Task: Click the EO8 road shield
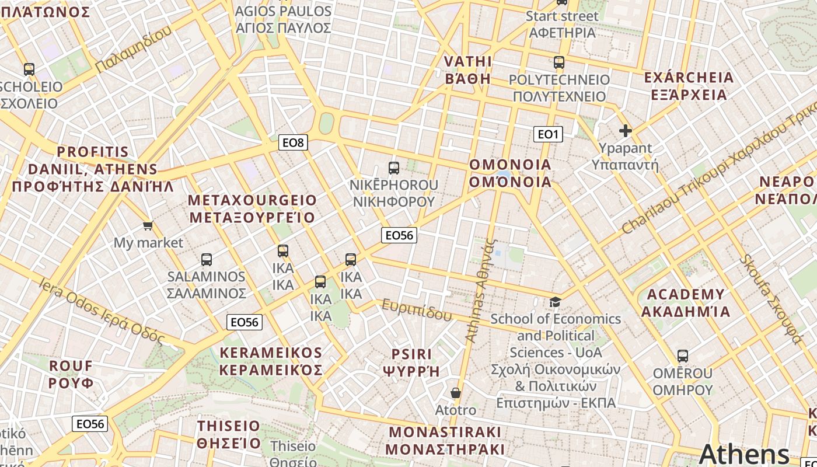[293, 142]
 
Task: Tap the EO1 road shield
[548, 134]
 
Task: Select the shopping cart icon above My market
[148, 225]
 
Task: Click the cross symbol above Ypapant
[626, 131]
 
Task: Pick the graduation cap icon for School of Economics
[555, 302]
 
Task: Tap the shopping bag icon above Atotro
[456, 393]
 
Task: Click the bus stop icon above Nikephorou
[394, 168]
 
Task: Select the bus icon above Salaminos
[206, 259]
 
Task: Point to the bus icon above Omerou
[682, 356]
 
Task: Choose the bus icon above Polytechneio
[559, 62]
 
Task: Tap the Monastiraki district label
[445, 440]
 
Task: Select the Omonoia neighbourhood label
[511, 173]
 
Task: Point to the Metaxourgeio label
[252, 209]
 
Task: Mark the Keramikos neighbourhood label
[271, 361]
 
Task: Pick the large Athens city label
[743, 454]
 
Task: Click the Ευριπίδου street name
[417, 310]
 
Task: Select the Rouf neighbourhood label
[71, 374]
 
